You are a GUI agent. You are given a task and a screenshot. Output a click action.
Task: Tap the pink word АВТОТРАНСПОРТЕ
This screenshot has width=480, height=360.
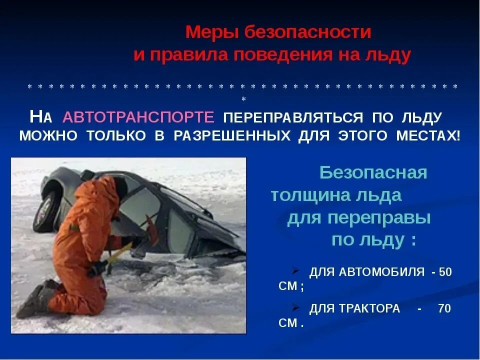click(x=138, y=117)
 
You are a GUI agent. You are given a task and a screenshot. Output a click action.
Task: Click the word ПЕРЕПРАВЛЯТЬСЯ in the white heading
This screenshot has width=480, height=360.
click(x=292, y=117)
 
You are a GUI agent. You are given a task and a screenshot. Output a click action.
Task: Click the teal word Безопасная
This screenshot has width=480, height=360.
click(x=373, y=173)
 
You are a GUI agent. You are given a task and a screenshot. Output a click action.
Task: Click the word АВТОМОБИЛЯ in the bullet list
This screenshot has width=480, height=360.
click(x=383, y=272)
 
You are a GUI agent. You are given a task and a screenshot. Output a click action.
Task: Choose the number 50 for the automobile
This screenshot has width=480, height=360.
click(x=445, y=272)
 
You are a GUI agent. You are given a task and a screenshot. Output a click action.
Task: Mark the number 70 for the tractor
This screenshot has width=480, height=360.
click(x=444, y=308)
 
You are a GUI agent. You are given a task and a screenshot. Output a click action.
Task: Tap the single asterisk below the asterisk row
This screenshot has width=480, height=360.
click(x=243, y=98)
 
